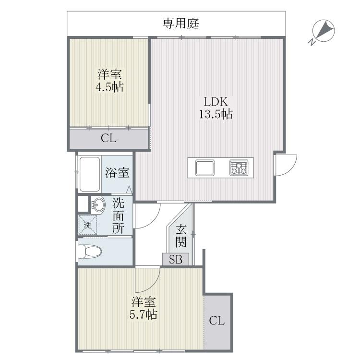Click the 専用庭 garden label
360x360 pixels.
coord(180,23)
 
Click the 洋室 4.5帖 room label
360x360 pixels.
coord(110,81)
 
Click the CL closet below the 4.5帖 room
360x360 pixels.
coord(108,139)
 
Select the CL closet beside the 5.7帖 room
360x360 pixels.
coord(217,321)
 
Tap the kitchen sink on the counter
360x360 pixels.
coord(205,168)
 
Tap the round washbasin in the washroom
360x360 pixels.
coord(98,204)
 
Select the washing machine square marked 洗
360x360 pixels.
coord(88,225)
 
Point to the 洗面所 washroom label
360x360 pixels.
coord(119,216)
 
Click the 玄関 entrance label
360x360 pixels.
coord(180,235)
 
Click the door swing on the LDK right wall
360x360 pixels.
coord(285,165)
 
